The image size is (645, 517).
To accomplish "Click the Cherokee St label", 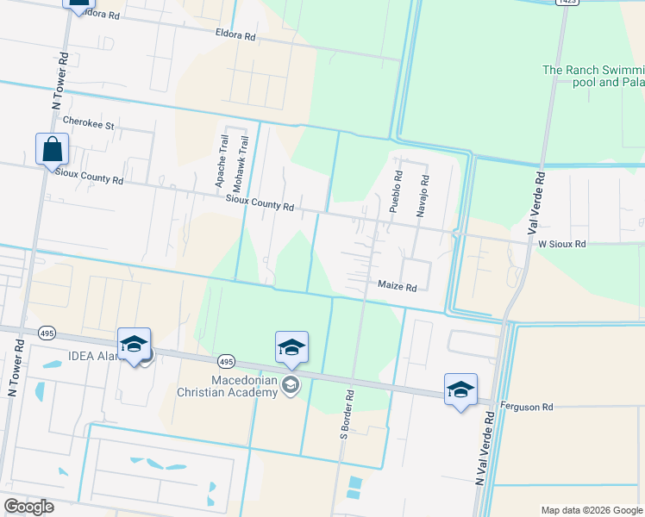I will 94,125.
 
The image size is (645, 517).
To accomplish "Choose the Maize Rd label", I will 397,286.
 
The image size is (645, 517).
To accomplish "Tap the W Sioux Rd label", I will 561,244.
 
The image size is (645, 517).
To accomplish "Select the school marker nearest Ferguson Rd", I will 460,389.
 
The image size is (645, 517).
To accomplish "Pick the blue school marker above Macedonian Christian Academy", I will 291,347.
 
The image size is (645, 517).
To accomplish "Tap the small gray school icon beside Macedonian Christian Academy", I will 291,385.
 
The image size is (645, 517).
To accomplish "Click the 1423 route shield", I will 567,3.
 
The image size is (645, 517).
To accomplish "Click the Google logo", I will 28,507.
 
